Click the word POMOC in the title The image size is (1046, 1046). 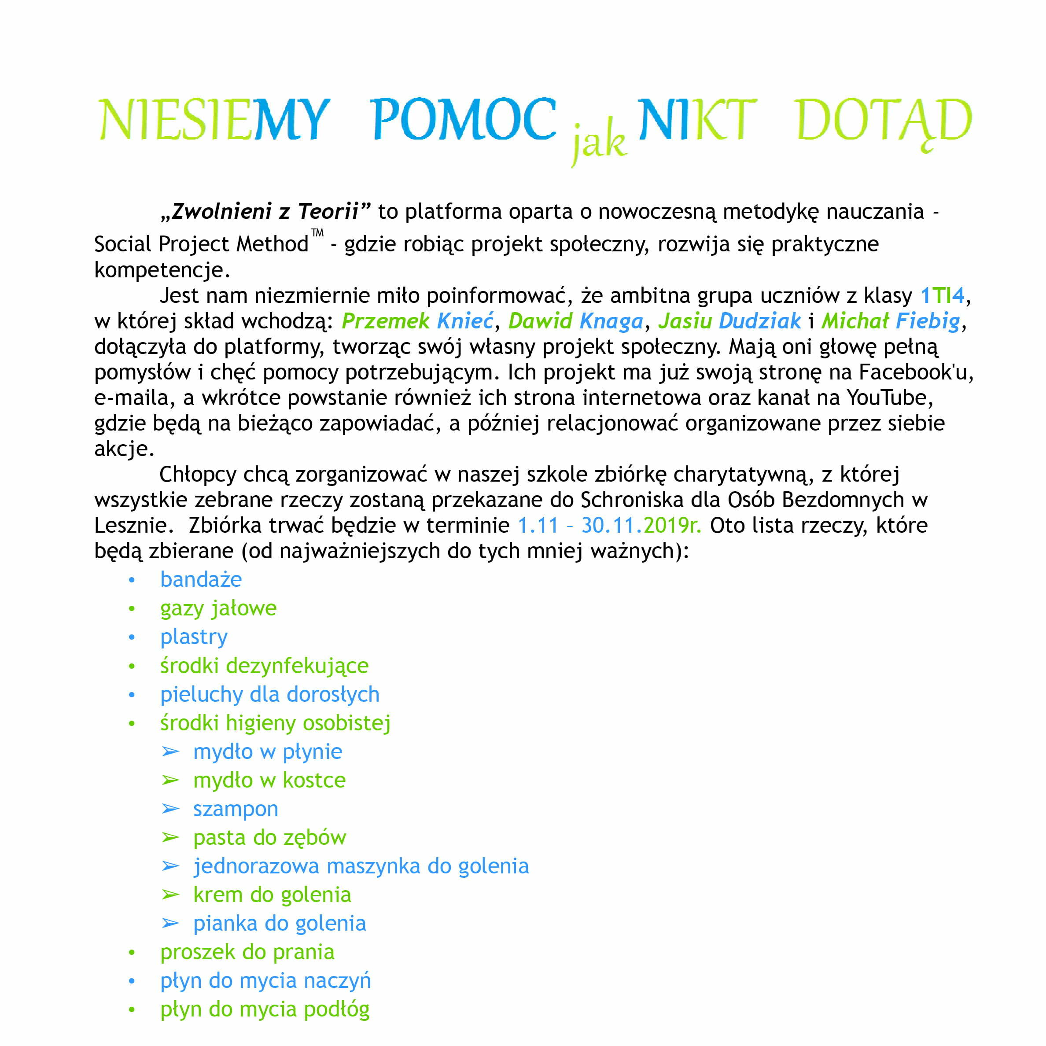click(x=464, y=120)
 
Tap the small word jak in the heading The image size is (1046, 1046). click(x=599, y=143)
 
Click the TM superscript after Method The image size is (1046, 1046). click(x=317, y=233)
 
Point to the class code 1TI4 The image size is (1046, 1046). click(x=943, y=295)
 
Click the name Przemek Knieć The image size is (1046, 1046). click(x=417, y=321)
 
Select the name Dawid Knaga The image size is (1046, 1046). click(x=575, y=321)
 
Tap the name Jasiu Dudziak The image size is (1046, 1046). click(x=729, y=321)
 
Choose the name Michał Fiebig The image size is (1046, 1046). click(x=891, y=321)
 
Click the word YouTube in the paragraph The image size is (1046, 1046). click(x=890, y=398)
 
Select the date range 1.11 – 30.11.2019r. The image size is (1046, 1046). click(x=609, y=525)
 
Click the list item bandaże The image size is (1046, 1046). click(x=201, y=580)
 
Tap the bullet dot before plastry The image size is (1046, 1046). click(x=132, y=637)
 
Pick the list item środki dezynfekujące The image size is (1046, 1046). click(x=264, y=665)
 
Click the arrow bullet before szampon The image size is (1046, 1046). click(x=170, y=809)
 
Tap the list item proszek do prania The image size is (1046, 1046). click(x=247, y=952)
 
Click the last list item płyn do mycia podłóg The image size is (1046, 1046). click(x=265, y=1009)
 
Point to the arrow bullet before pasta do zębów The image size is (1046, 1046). click(x=170, y=838)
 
